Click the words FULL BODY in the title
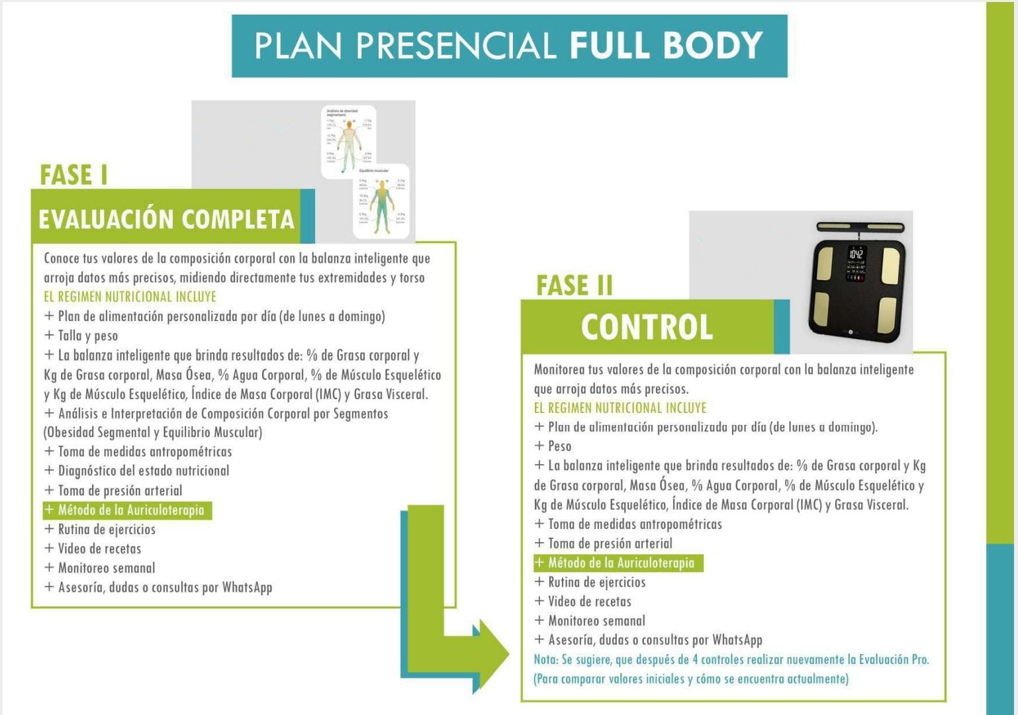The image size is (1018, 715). [666, 46]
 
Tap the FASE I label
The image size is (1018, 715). [73, 175]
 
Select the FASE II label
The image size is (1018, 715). [574, 286]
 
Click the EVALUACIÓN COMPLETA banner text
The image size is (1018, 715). [166, 219]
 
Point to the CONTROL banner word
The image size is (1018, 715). [647, 327]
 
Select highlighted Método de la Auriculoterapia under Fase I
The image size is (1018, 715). [128, 510]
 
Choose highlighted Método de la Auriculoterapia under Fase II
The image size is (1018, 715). [618, 563]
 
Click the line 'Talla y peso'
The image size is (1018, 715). [87, 336]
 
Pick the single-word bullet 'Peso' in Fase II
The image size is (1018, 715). [559, 446]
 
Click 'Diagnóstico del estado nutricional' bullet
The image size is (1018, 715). [143, 471]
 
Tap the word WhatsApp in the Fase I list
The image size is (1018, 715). [247, 587]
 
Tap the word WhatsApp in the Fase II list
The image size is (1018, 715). [737, 640]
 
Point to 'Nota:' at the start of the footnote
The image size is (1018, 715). [546, 659]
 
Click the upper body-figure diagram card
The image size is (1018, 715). [348, 140]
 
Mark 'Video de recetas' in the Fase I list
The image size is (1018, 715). [99, 549]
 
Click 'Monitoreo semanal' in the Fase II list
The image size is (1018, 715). [596, 621]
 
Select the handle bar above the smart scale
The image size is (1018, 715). [860, 228]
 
